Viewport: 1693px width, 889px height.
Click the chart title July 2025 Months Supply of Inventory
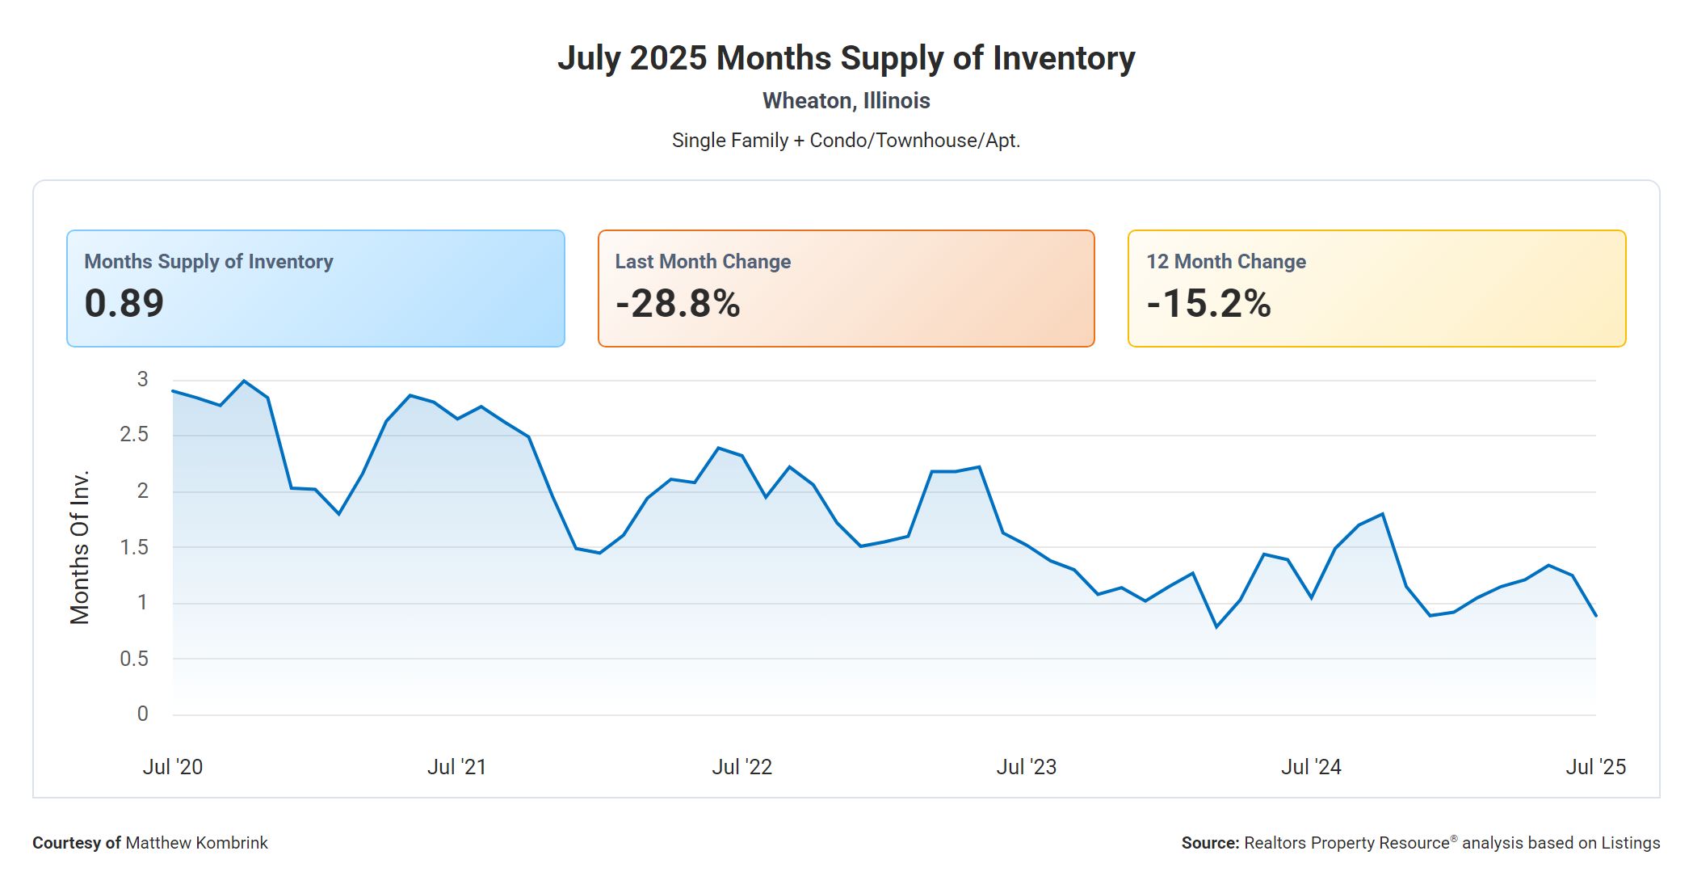coord(846,58)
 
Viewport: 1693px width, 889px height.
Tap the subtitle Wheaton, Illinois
coord(846,101)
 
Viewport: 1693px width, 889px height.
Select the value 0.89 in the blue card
coord(124,303)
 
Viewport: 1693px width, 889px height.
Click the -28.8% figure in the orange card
coord(677,304)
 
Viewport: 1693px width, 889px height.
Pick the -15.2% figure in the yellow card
coord(1208,304)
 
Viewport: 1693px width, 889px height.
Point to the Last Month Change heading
coord(703,262)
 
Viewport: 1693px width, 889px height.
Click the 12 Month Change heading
coord(1225,262)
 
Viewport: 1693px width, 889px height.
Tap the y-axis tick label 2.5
coord(134,435)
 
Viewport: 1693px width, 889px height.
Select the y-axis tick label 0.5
coord(134,659)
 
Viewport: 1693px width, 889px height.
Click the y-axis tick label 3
coord(143,379)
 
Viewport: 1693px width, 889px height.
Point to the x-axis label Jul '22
coord(741,767)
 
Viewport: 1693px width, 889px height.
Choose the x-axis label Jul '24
coord(1311,767)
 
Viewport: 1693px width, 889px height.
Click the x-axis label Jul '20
coord(173,767)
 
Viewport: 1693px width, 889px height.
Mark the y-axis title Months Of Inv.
coord(79,547)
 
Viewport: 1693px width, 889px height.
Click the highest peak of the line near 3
coord(244,381)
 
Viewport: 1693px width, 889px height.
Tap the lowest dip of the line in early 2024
coord(1216,626)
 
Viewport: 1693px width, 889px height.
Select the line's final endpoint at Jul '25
coord(1595,616)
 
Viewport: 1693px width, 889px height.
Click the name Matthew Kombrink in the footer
coord(196,843)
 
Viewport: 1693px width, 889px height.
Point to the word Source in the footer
coord(1209,843)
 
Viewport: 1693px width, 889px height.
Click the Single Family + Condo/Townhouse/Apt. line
coord(846,141)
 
